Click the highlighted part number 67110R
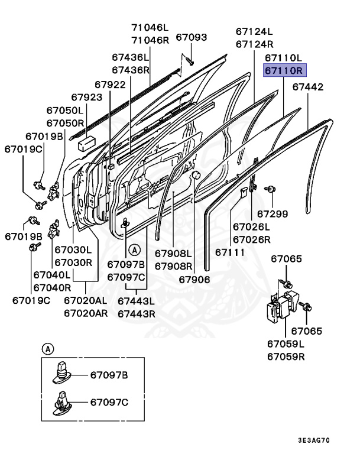(x=283, y=71)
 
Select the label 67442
(x=308, y=87)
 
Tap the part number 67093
(x=192, y=37)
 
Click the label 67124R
(x=254, y=44)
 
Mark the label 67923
(x=87, y=97)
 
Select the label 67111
(x=230, y=252)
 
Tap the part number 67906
(x=194, y=278)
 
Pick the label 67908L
(x=174, y=253)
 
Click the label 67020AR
(x=86, y=313)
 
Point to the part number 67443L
(x=136, y=301)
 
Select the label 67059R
(x=286, y=356)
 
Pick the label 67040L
(x=52, y=275)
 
